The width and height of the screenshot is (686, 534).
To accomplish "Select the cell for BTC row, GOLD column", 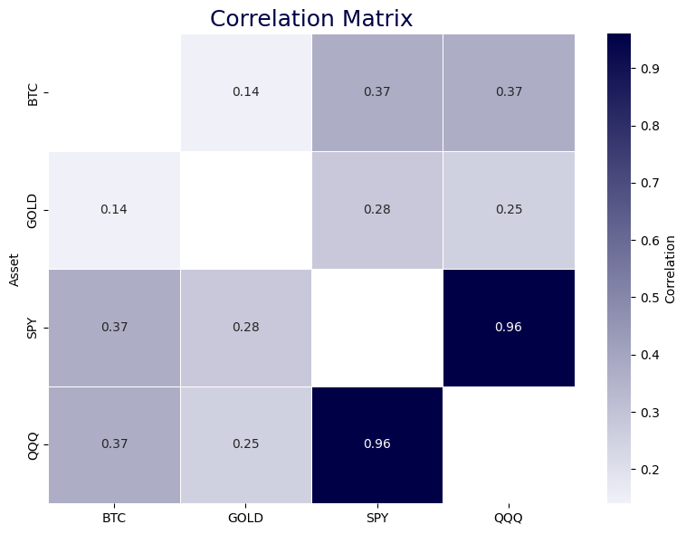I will (x=245, y=91).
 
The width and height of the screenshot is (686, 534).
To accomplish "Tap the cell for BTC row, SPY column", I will (x=376, y=91).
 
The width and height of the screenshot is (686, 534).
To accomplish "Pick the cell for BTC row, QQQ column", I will (x=508, y=91).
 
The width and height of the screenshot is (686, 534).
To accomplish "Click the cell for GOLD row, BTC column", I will (x=114, y=209).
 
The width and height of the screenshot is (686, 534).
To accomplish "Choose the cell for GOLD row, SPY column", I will (x=376, y=209).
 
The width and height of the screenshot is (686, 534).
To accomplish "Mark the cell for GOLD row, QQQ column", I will (x=508, y=209).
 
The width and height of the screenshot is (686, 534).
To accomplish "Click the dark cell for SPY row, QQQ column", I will (x=508, y=327).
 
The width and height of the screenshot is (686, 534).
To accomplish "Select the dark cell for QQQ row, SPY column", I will (x=376, y=443).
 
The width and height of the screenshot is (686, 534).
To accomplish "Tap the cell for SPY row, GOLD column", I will (x=245, y=327).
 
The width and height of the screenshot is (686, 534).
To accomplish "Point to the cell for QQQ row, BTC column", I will (x=114, y=443).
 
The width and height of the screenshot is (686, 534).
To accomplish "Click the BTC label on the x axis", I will (x=114, y=518).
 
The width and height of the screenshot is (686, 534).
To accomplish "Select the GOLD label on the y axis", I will (x=33, y=209).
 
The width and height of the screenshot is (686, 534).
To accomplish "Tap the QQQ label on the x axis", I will (x=508, y=518).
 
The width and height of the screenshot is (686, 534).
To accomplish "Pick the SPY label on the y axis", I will (x=33, y=327).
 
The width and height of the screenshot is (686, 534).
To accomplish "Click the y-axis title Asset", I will (x=14, y=268).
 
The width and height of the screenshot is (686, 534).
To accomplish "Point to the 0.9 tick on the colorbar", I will (x=650, y=69).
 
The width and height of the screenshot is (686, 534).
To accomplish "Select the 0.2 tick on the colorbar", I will (x=650, y=470).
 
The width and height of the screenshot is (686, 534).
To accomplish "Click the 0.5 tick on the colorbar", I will (x=650, y=298).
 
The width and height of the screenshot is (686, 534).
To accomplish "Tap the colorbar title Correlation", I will (x=671, y=268).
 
